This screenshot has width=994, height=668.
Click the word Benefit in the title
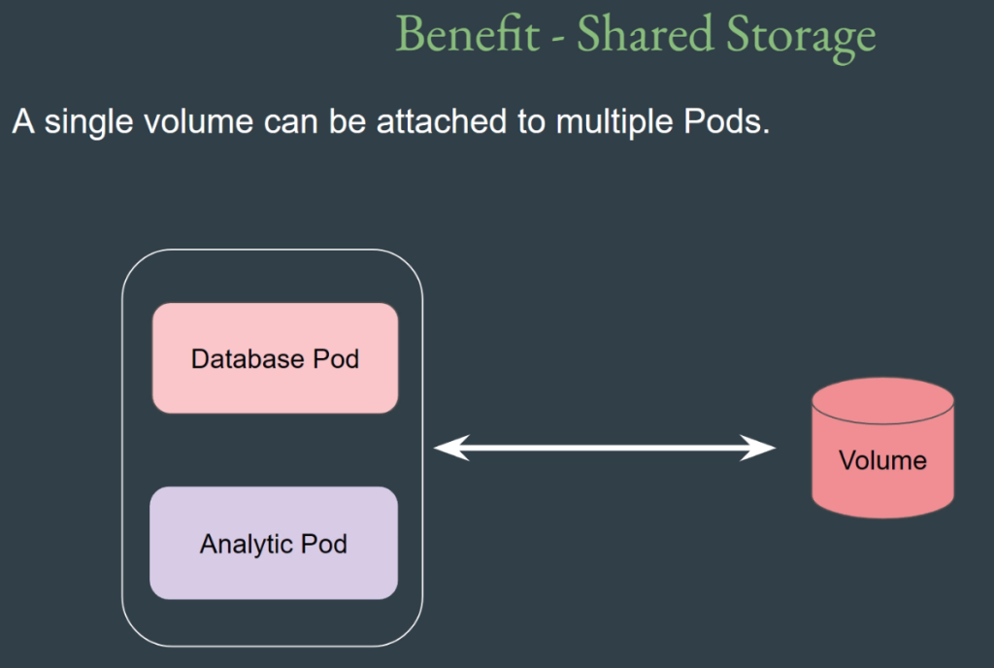[468, 34]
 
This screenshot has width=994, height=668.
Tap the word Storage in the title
[801, 38]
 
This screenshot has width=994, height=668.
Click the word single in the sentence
[88, 122]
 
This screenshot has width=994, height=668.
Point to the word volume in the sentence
[198, 121]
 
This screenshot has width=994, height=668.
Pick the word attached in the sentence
[442, 121]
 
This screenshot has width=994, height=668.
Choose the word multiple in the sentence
[614, 122]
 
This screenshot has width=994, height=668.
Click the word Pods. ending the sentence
[726, 121]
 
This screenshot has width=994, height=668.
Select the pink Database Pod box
[275, 358]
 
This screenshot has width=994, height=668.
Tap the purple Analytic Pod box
[274, 543]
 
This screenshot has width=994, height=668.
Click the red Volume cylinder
[883, 448]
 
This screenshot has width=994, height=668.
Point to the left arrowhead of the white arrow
[451, 448]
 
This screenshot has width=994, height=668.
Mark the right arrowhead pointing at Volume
[757, 448]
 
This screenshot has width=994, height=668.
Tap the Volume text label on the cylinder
[882, 460]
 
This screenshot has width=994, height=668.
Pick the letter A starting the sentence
[23, 121]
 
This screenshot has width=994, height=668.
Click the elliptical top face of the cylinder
[883, 401]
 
